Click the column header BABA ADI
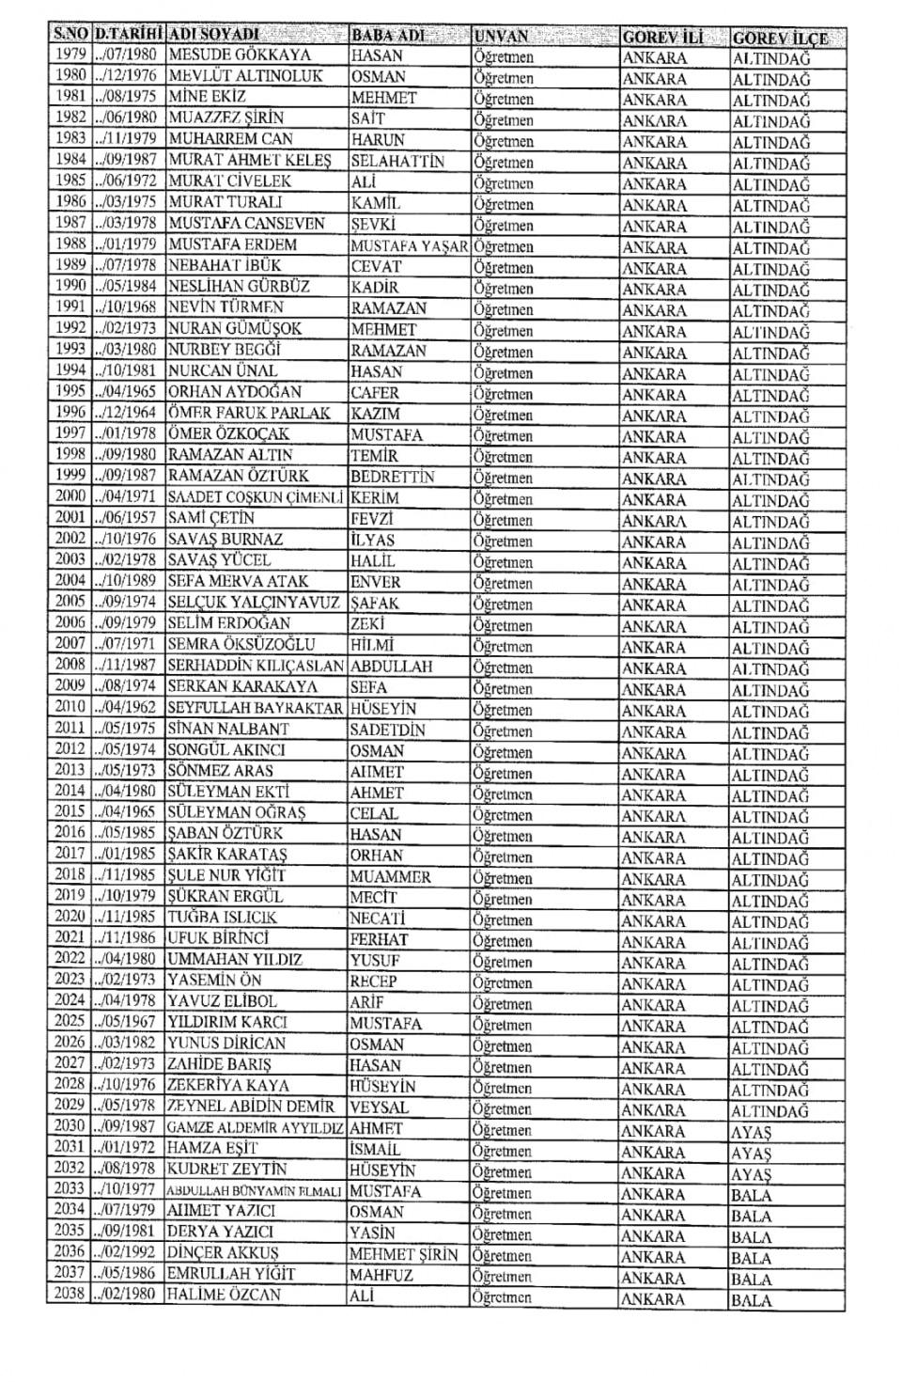[388, 36]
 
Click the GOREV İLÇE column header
[780, 38]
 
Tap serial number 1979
[70, 55]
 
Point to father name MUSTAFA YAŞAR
[409, 245]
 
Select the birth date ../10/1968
[129, 307]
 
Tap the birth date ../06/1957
[129, 518]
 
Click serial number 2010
[70, 707]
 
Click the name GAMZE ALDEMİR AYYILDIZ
[256, 1128]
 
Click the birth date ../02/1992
[128, 1254]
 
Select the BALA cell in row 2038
[751, 1301]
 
